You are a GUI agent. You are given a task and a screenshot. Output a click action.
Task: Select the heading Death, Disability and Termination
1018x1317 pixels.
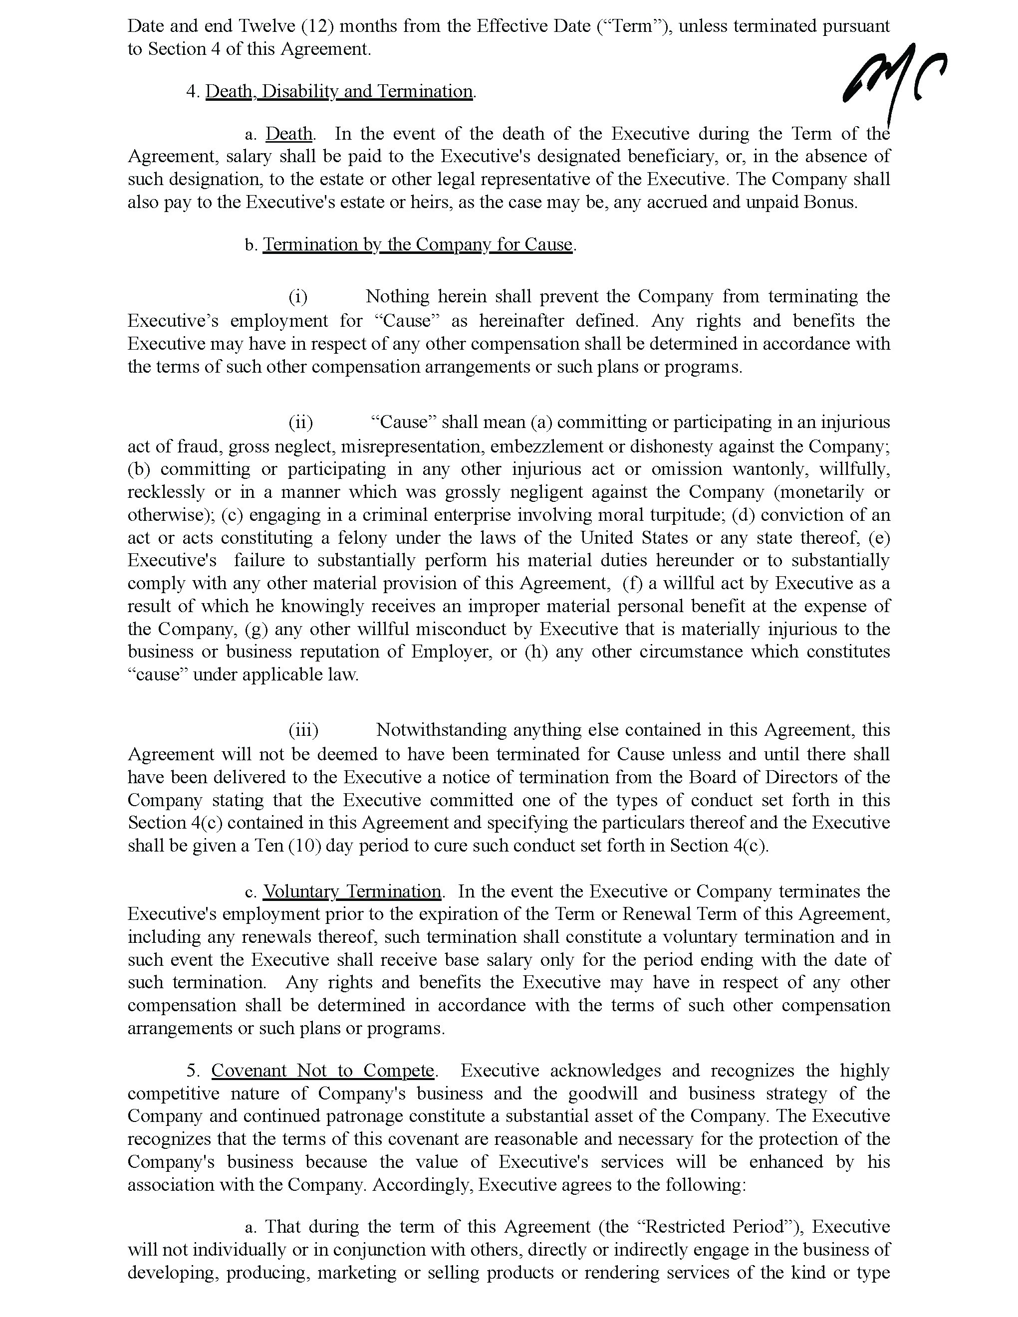(x=339, y=91)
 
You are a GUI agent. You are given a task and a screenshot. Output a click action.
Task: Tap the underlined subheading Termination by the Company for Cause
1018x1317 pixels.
(x=417, y=244)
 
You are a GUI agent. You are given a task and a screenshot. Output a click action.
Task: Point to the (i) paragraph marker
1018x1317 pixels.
(x=298, y=297)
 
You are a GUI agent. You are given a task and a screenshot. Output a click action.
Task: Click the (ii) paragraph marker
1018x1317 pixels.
(x=300, y=422)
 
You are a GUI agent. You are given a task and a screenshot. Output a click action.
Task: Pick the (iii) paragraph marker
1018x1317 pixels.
(x=303, y=730)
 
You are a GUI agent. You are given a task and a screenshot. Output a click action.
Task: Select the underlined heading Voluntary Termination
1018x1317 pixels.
(x=352, y=891)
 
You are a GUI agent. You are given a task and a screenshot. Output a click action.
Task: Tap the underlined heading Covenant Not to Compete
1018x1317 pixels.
(x=323, y=1071)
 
